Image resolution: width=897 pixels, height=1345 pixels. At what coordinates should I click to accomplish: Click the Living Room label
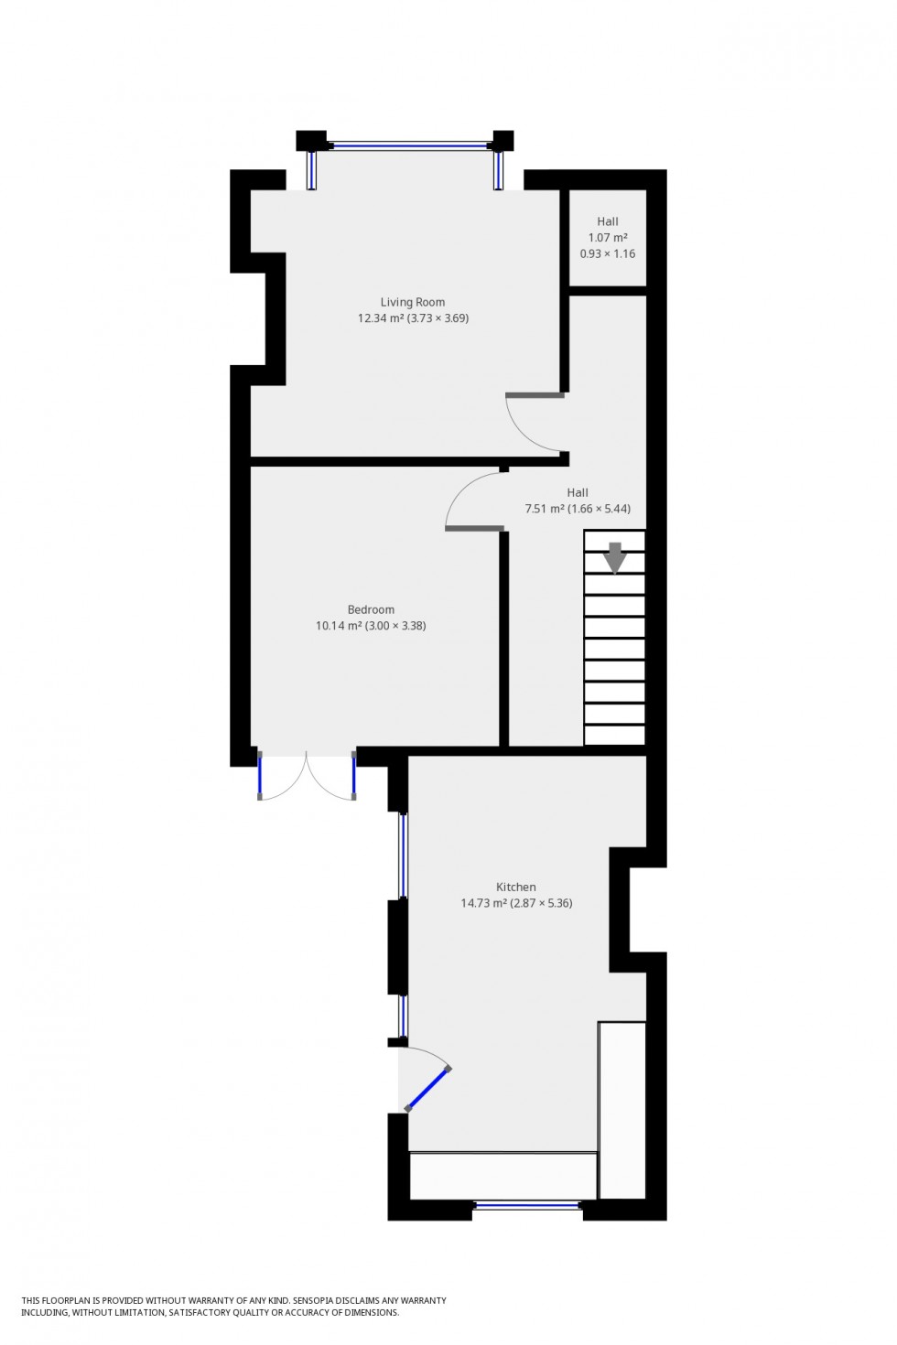tap(413, 302)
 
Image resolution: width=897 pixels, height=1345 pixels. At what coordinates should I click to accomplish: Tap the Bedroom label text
tap(371, 609)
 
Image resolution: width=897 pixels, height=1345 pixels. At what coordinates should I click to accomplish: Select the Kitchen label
tap(516, 887)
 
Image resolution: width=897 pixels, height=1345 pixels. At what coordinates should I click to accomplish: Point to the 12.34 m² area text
tap(380, 318)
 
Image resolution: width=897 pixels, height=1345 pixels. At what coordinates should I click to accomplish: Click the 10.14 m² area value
tap(338, 626)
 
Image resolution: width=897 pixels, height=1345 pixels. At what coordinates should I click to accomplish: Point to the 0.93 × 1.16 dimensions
tap(608, 253)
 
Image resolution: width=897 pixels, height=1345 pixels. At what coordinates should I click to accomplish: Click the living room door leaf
tap(535, 395)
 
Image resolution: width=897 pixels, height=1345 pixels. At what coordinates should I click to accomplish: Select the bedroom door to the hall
tap(474, 528)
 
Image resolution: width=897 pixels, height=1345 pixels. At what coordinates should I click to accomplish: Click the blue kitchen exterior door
tap(428, 1089)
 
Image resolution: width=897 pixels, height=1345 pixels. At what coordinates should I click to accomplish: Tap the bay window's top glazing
tap(410, 145)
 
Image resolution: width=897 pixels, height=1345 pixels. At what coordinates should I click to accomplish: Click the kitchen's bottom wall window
tap(528, 1206)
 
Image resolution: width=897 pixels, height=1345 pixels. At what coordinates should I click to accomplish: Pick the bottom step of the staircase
tap(615, 735)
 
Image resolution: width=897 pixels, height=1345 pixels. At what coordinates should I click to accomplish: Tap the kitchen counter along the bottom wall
tap(503, 1176)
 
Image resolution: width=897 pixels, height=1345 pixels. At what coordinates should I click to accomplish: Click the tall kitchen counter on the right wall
tap(622, 1109)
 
